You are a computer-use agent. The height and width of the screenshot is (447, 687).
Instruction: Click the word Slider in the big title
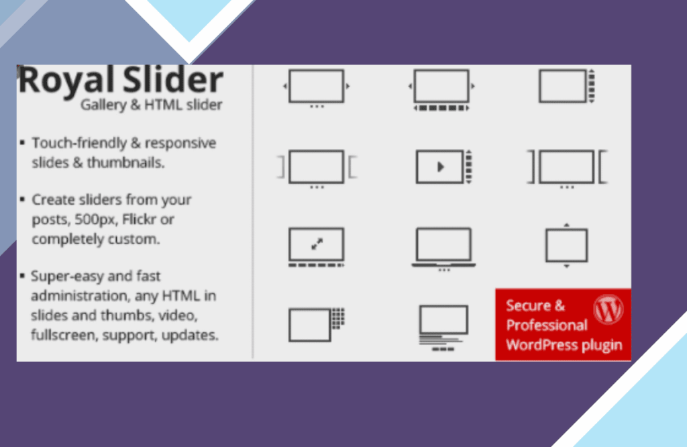(x=172, y=80)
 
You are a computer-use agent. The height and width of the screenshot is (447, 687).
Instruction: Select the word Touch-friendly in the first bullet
(x=79, y=143)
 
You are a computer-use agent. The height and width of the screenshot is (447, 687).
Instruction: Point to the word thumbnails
(x=125, y=162)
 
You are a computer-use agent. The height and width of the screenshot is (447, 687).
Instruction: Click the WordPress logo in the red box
(x=608, y=309)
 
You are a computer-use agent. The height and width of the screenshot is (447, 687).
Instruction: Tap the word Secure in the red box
(x=528, y=305)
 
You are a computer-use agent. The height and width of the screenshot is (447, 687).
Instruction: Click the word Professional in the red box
(x=546, y=325)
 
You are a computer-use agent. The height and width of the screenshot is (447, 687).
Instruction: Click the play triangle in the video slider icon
(x=441, y=166)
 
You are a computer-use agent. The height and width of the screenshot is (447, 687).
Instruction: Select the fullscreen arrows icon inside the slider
(x=317, y=244)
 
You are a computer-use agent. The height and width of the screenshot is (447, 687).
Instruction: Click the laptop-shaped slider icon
(x=444, y=248)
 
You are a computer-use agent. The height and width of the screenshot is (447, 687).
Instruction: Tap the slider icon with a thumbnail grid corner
(x=317, y=324)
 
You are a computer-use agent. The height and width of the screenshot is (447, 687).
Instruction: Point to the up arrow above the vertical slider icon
(x=566, y=225)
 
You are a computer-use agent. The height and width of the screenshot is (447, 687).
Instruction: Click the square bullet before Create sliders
(x=22, y=199)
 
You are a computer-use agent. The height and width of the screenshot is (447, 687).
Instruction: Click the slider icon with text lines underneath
(x=443, y=328)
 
